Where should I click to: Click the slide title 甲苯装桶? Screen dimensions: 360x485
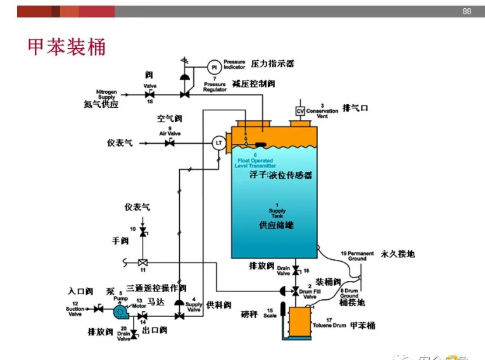(x=66, y=47)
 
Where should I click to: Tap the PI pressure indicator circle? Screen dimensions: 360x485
(x=214, y=67)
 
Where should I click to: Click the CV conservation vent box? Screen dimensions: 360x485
(x=301, y=112)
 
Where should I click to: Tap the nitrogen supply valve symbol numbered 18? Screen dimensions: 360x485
(x=150, y=94)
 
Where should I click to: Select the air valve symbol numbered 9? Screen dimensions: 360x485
(x=170, y=143)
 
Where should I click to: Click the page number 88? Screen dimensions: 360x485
(x=467, y=11)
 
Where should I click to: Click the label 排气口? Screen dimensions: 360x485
(x=355, y=108)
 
